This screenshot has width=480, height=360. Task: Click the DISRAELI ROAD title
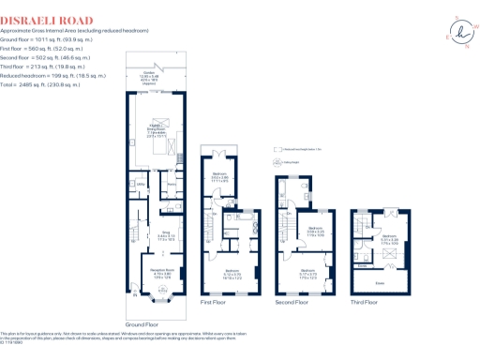click(x=47, y=19)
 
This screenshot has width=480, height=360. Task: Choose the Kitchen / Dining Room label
click(x=153, y=130)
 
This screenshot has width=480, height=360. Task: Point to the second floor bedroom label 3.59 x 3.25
click(x=316, y=229)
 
